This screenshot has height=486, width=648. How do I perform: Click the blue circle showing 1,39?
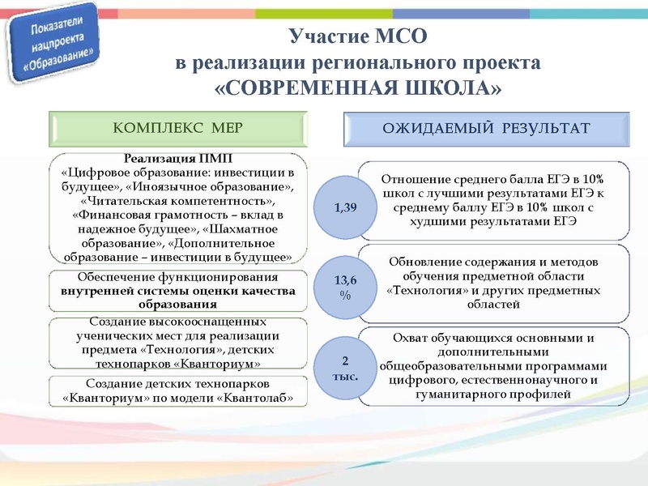(x=345, y=207)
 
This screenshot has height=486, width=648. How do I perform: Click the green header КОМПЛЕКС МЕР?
(x=177, y=127)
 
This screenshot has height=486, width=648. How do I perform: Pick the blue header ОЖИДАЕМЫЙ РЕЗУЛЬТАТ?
(x=485, y=127)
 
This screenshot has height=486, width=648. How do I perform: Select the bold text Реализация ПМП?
(x=177, y=158)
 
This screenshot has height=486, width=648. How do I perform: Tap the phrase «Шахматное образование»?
(x=248, y=228)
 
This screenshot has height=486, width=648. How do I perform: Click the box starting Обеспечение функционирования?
(x=177, y=291)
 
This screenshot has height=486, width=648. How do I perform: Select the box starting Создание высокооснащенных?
(x=177, y=343)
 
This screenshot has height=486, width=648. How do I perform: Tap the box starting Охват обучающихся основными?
(x=493, y=364)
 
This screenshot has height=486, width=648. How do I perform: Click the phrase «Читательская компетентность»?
(x=177, y=200)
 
